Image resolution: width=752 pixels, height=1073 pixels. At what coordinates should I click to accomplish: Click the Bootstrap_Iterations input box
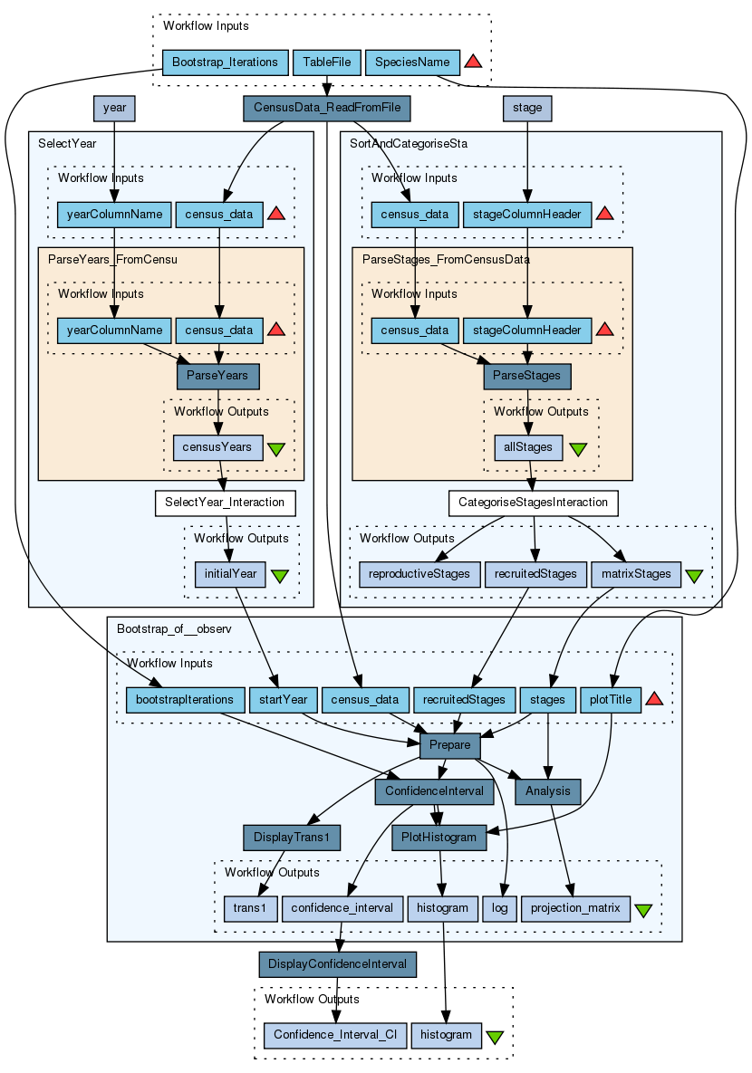225,62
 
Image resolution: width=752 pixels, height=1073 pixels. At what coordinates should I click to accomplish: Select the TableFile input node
327,62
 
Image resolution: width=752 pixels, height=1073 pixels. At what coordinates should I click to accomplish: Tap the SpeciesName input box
412,62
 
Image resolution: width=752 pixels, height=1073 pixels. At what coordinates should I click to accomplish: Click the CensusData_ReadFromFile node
327,108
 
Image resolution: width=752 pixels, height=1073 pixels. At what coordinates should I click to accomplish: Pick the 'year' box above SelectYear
114,108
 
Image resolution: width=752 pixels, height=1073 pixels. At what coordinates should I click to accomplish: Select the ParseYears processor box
217,376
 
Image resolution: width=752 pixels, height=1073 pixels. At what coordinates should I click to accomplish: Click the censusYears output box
217,447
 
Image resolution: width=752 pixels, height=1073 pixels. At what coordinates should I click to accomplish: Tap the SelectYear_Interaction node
225,503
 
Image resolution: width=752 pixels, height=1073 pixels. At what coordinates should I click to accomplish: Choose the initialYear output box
230,574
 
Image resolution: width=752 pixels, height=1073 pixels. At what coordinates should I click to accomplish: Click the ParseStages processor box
526,376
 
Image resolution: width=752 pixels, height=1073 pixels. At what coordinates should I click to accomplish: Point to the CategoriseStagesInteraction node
534,503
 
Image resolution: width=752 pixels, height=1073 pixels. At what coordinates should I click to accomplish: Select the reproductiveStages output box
419,574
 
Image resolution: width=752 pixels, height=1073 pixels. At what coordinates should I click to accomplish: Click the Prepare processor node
450,745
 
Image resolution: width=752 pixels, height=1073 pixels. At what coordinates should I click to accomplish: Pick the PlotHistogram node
439,838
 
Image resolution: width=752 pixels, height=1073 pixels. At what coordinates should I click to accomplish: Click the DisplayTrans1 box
292,838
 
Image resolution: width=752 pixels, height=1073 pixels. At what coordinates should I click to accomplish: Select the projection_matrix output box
575,909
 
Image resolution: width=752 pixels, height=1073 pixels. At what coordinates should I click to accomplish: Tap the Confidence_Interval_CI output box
335,1035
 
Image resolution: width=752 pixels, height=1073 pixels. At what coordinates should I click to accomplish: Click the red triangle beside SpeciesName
473,62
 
